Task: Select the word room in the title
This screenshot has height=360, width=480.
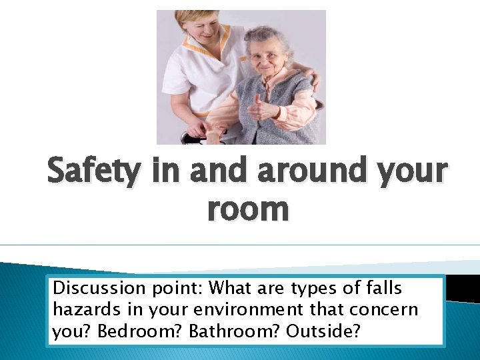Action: click(248, 209)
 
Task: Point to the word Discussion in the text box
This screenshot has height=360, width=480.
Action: click(97, 289)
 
